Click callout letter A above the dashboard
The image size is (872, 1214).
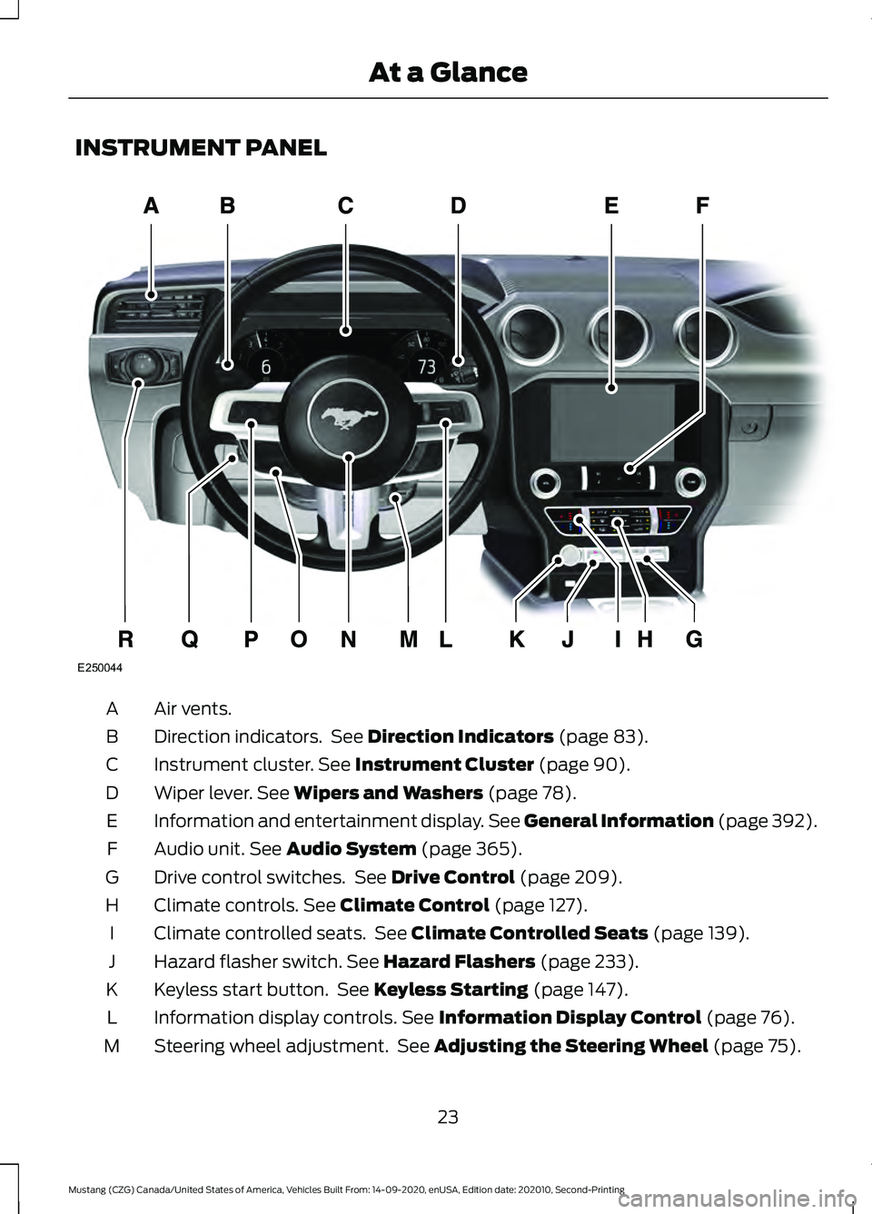coord(151,206)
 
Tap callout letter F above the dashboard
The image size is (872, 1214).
coord(702,206)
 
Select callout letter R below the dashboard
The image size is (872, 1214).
coord(125,639)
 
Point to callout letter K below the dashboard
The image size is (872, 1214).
coord(516,639)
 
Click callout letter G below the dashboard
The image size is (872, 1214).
coord(694,639)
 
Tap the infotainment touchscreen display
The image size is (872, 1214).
coord(613,420)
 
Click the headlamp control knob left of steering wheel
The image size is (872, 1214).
coord(140,365)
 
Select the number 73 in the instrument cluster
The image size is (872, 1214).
coord(426,367)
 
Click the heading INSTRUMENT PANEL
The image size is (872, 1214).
coord(201,148)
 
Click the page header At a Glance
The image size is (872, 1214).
coord(448,73)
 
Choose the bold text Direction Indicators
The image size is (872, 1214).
coord(461,736)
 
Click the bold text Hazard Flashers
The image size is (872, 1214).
coord(459,962)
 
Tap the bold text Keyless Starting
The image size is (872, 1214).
coord(451,990)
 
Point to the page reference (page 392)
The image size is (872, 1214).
coord(768,821)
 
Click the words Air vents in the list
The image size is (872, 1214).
coord(193,708)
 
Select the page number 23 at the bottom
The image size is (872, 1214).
coord(448,1117)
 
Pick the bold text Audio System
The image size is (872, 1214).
coord(351,849)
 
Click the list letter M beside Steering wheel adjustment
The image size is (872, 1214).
coord(112,1046)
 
